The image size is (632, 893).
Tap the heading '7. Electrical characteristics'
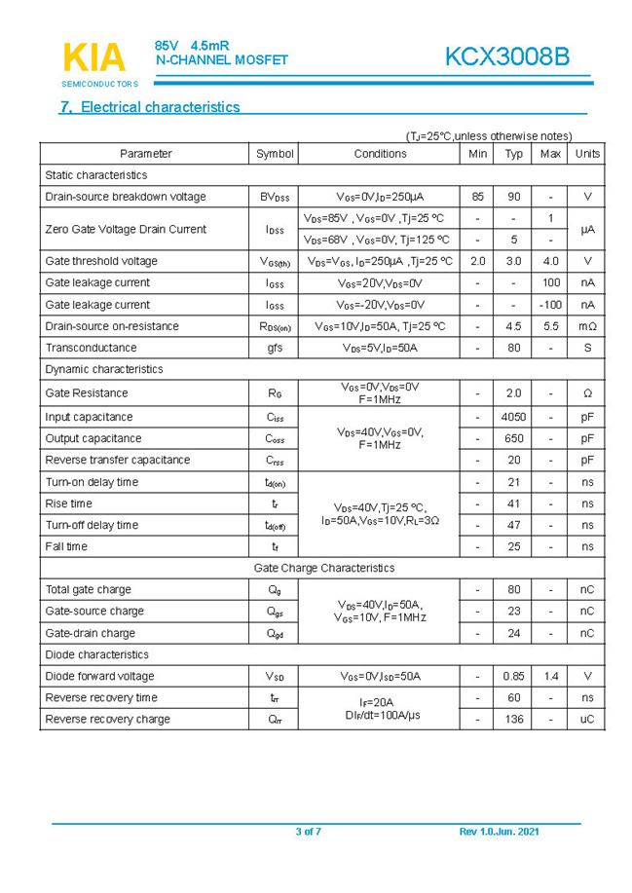point(150,107)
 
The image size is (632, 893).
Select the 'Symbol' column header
point(275,154)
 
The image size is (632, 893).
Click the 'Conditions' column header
point(380,154)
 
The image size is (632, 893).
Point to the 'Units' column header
point(587,154)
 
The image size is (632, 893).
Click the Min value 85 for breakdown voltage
point(477,197)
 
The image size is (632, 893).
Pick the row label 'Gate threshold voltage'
point(100,261)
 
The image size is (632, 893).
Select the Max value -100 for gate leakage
point(550,305)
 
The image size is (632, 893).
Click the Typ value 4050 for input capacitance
point(513,417)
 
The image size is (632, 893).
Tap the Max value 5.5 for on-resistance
point(550,326)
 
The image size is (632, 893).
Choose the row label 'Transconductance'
point(90,348)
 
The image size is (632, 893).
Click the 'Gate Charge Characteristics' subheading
point(323,568)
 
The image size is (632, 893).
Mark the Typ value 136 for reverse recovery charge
point(513,720)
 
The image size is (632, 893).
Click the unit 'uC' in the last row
point(587,720)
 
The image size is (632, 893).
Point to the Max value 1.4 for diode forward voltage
point(550,676)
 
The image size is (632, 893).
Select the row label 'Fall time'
point(66,546)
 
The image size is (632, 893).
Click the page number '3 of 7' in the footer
point(308,831)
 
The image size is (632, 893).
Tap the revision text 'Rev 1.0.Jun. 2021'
point(499,831)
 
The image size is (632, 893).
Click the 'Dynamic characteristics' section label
point(104,369)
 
